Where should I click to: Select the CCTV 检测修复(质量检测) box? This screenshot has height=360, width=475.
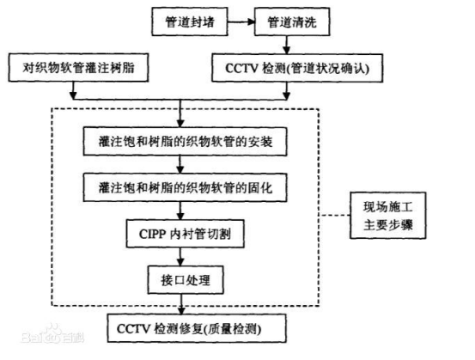click(180, 329)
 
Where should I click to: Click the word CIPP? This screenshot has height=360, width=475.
click(138, 231)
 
